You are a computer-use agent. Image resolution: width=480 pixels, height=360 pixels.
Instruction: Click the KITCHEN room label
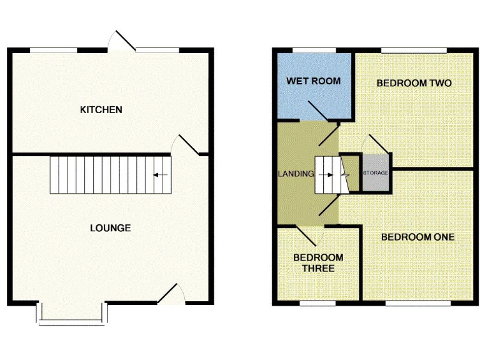[101, 110]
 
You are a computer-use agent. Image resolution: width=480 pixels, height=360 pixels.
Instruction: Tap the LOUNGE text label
[110, 227]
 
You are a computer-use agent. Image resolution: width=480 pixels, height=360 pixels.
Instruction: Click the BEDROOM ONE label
[417, 237]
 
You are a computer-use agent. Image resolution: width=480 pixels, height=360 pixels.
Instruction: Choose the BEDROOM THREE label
[318, 262]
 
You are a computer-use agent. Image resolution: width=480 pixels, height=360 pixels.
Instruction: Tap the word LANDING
[296, 174]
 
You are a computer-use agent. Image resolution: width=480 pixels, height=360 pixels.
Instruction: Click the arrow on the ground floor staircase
[160, 175]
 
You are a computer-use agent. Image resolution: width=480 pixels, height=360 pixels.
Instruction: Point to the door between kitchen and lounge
[189, 144]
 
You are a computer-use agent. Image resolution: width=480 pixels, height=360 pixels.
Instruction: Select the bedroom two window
[414, 49]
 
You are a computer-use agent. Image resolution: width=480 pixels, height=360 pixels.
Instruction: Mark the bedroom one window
[417, 304]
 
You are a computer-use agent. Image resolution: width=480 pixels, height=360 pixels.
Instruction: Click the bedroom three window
[318, 304]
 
